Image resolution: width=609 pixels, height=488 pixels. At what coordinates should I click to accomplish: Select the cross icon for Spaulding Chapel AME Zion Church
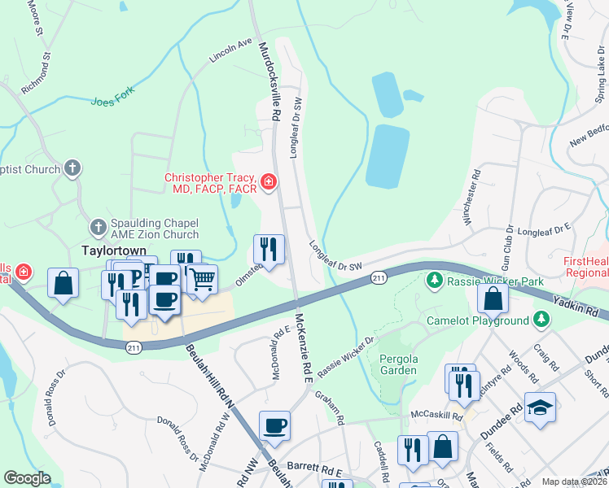(99, 225)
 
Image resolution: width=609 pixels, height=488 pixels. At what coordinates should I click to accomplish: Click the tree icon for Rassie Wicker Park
(435, 281)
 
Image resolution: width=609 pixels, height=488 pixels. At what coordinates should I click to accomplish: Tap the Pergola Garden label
(397, 364)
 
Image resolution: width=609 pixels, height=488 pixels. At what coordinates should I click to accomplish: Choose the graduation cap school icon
(540, 407)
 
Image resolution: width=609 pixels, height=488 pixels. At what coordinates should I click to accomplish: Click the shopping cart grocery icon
(202, 279)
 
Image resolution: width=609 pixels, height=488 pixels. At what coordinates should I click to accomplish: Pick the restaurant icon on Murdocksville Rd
(269, 248)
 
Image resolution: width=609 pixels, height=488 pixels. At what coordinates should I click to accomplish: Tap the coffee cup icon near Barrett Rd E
(274, 425)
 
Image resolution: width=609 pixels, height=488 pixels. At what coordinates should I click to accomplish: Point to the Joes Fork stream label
(112, 100)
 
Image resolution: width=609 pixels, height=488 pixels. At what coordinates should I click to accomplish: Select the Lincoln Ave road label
(231, 50)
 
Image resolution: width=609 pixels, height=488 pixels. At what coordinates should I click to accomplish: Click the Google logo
(28, 478)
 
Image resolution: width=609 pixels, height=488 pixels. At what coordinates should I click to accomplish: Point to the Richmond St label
(37, 75)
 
